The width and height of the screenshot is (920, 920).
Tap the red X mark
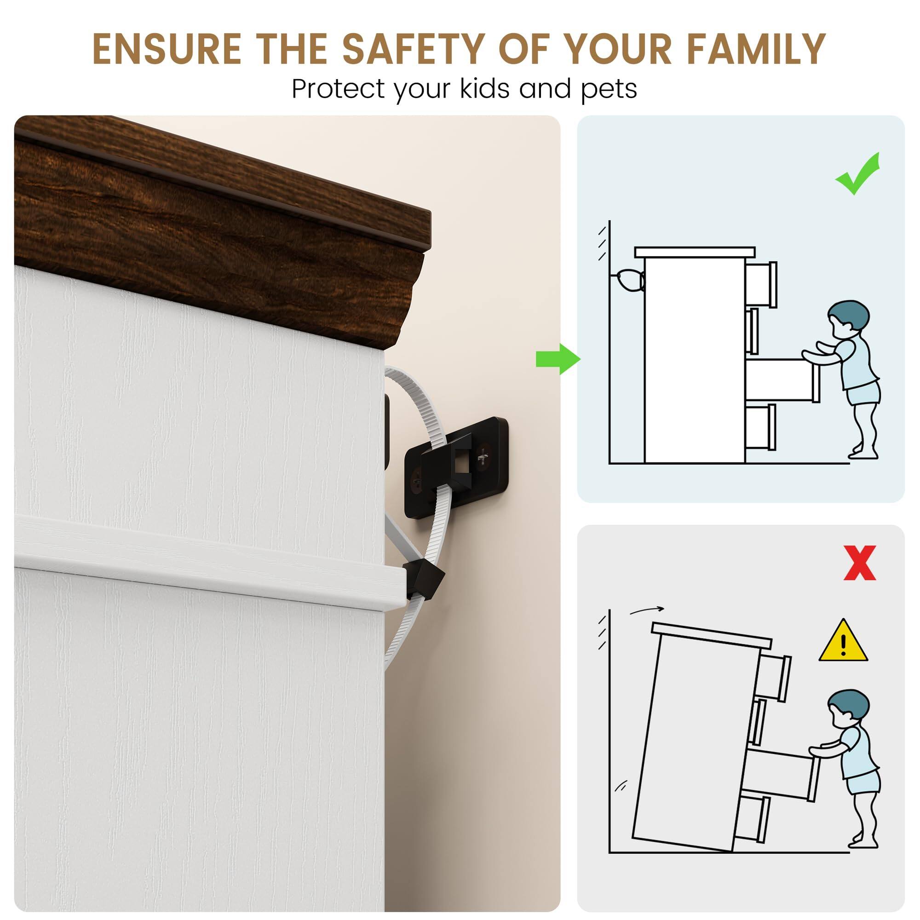point(860,563)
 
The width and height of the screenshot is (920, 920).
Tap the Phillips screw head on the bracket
point(483,458)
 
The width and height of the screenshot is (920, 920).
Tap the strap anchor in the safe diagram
point(630,280)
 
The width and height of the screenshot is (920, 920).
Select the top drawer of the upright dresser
point(760,284)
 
